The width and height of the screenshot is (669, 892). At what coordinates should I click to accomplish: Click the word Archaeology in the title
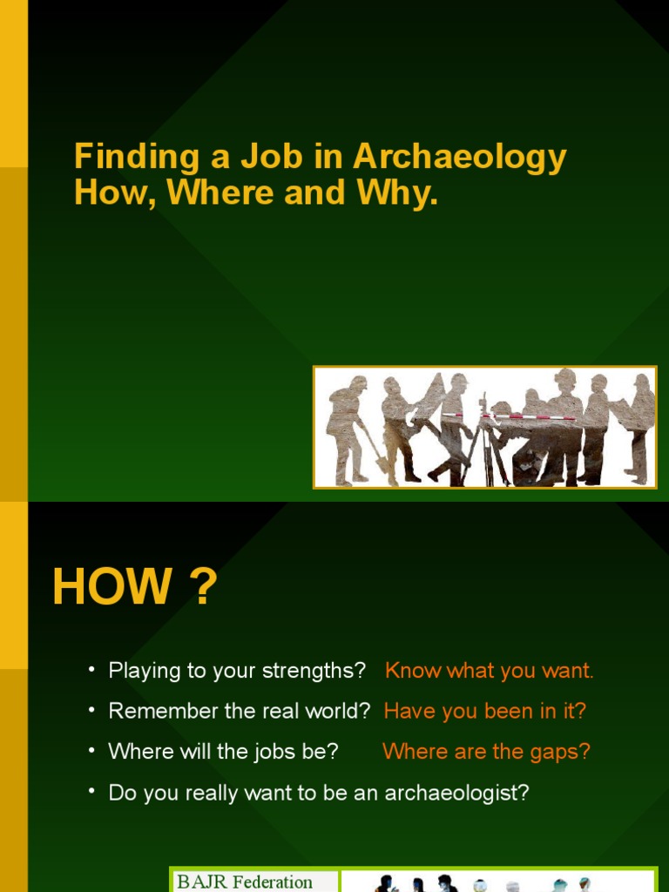pos(460,158)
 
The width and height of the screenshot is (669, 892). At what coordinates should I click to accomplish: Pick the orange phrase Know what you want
pos(489,671)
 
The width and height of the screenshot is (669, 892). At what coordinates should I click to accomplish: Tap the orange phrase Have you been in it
pos(485,711)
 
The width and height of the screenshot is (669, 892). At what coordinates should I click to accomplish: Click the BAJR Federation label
pos(245,882)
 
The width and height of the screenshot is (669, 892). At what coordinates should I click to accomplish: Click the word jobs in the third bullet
pos(279,751)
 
